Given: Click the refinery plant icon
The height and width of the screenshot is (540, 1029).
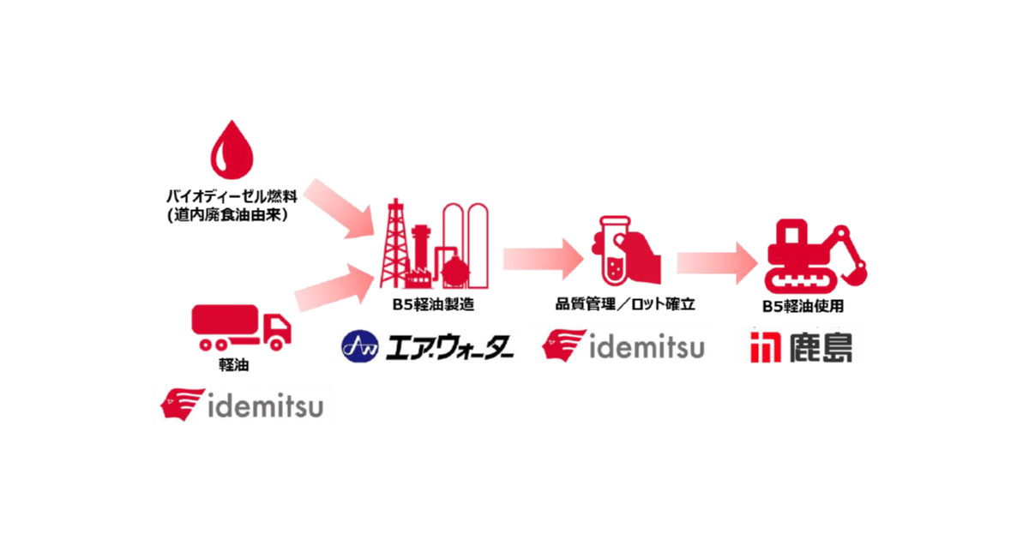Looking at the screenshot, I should [432, 249].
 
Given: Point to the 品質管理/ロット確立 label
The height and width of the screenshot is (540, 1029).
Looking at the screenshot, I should [623, 302].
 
